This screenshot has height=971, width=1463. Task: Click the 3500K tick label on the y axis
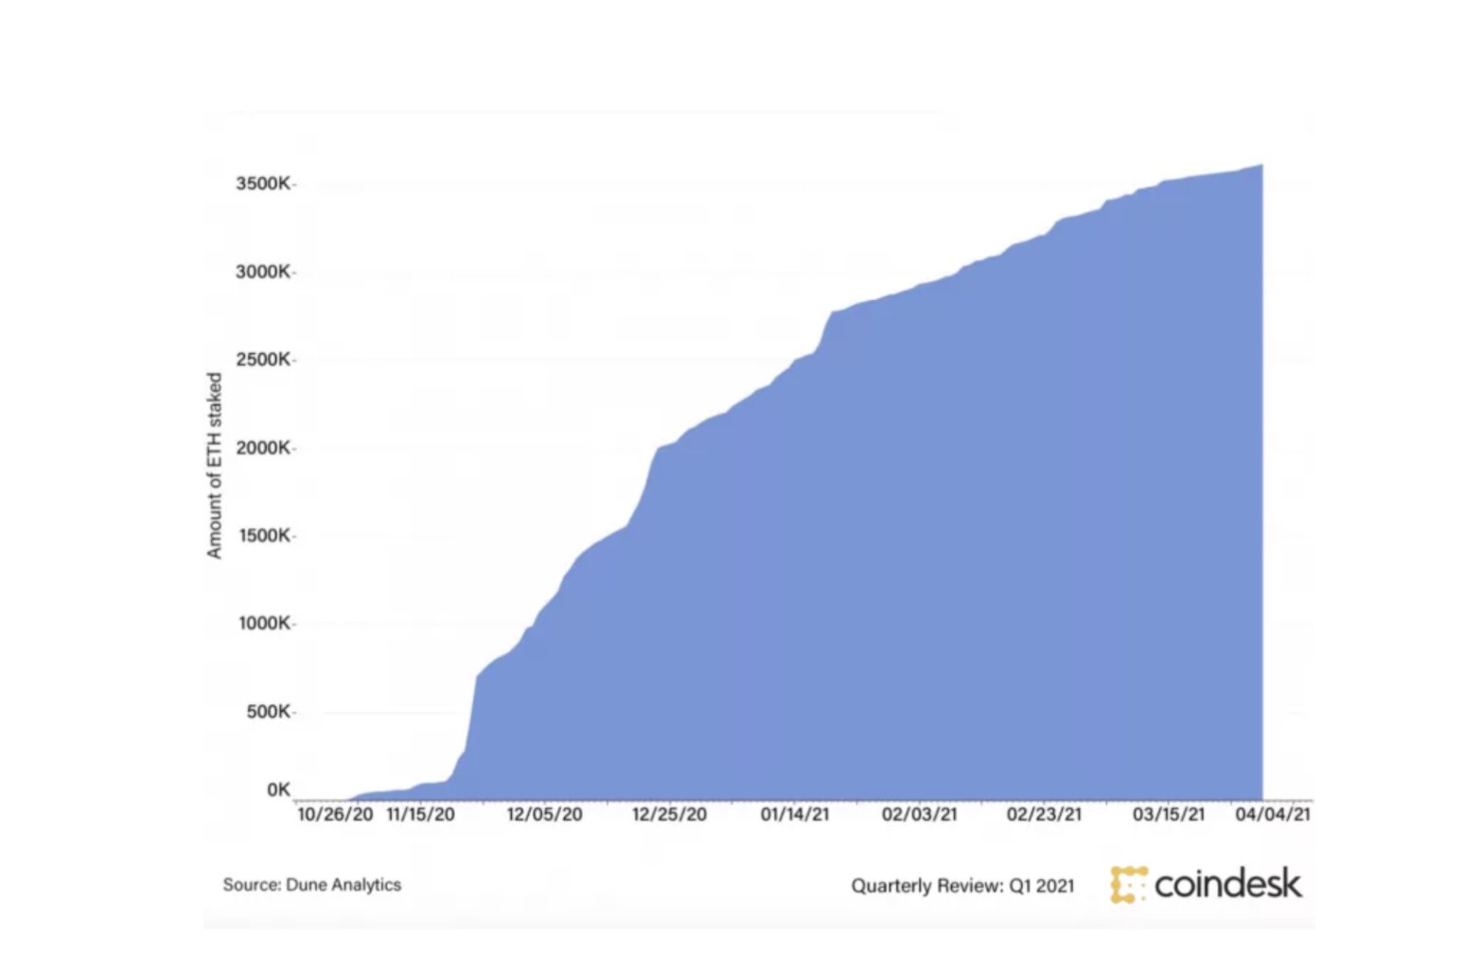[263, 184]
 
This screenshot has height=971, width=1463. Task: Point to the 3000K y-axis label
[263, 273]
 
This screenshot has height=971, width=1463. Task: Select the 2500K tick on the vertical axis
[263, 360]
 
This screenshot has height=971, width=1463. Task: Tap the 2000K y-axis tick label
[263, 448]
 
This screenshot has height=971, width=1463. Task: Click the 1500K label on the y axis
[263, 536]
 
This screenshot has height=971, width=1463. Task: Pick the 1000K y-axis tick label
[263, 624]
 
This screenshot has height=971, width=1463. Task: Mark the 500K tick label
[268, 712]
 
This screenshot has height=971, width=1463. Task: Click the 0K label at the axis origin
[278, 789]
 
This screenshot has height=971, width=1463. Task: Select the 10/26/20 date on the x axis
[335, 814]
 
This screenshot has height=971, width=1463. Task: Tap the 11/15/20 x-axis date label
[420, 814]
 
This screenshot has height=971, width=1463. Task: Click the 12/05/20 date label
[544, 814]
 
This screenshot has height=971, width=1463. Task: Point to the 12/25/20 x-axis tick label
[669, 814]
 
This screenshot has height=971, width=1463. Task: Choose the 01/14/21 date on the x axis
[795, 814]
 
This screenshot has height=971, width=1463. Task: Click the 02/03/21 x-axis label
[919, 814]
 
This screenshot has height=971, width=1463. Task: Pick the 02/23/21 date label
[1044, 814]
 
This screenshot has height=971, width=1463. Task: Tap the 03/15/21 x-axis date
[1169, 814]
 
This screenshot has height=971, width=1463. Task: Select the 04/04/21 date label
[1273, 814]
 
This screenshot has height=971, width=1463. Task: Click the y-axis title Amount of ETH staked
[215, 465]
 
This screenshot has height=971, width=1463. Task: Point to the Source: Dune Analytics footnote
[311, 885]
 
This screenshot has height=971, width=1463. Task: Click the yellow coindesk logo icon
[1128, 884]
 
